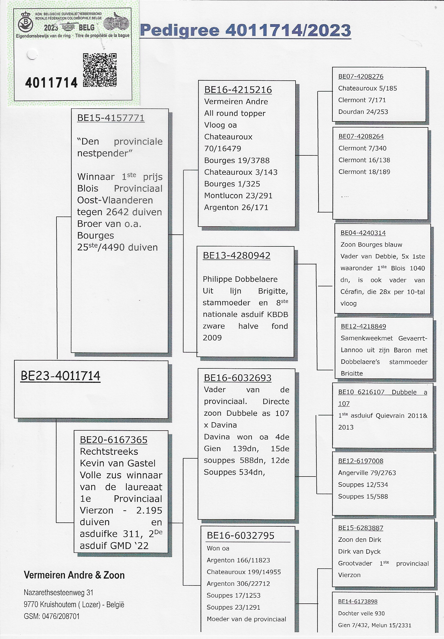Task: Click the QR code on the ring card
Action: [100, 70]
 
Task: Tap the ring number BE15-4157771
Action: [111, 118]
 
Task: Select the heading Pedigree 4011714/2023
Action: [246, 30]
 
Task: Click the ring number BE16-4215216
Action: [238, 90]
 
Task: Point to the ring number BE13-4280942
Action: [236, 255]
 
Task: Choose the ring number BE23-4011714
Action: [60, 376]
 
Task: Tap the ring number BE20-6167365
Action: [113, 440]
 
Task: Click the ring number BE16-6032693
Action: [237, 378]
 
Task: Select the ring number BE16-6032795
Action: [240, 535]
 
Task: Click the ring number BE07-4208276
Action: [361, 77]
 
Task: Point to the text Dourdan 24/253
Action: [363, 112]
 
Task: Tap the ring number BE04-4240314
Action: [363, 233]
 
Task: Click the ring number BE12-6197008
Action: [361, 461]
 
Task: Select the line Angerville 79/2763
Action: [367, 472]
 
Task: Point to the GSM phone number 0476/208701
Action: [61, 616]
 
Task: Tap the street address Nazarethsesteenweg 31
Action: [58, 593]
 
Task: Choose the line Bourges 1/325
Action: [232, 184]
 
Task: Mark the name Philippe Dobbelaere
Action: [240, 279]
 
